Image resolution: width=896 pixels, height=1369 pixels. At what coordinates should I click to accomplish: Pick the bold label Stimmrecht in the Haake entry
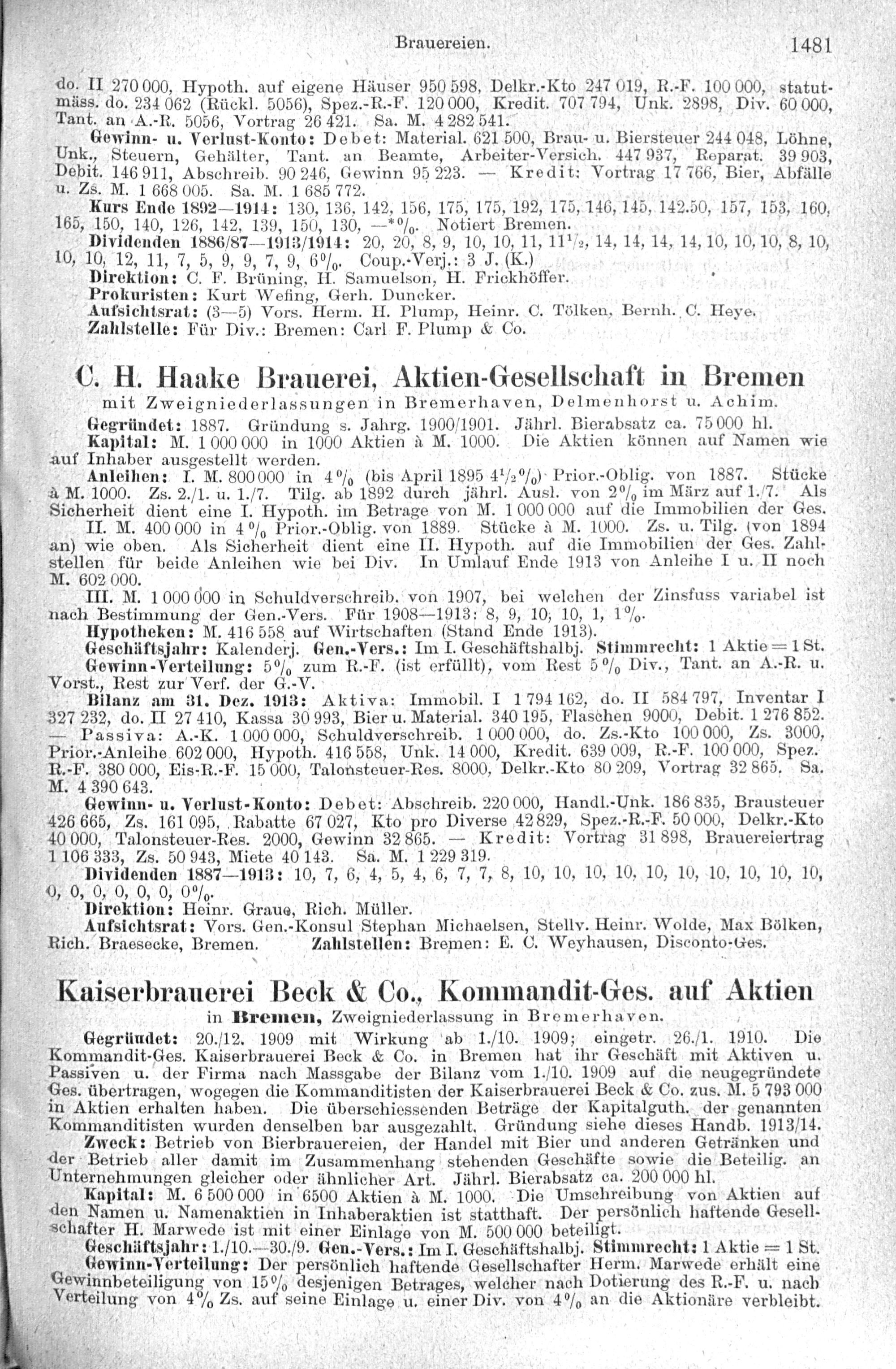(641, 646)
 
